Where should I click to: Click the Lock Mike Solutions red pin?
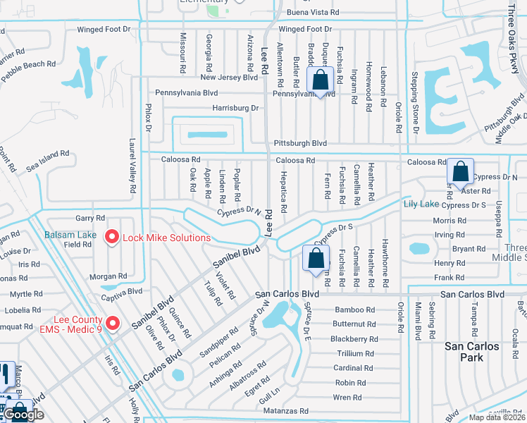(111, 238)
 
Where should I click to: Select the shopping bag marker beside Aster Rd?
(460, 172)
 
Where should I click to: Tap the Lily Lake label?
(421, 204)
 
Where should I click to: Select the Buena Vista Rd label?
(313, 13)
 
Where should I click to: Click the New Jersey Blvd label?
(230, 78)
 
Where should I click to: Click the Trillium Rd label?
(355, 353)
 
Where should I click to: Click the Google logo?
(24, 415)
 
